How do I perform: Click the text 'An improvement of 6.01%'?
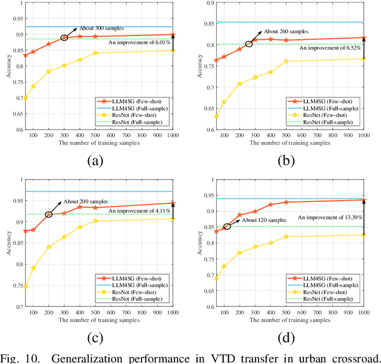click(140, 42)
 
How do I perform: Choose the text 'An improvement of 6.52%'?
click(330, 49)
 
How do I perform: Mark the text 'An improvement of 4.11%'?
click(140, 210)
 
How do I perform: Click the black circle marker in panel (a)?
click(64, 37)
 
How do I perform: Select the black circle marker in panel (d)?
click(227, 227)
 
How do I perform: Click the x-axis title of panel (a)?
click(99, 143)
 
